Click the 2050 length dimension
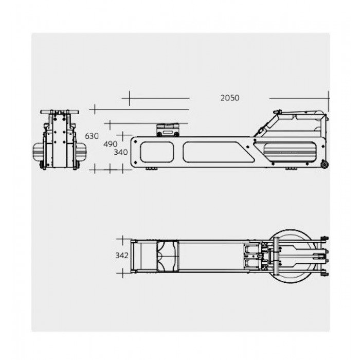coord(230,98)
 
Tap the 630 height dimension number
coord(92,136)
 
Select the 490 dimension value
coord(110,144)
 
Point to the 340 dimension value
coord(121,152)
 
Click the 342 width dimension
coord(122,255)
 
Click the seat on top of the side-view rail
coord(168,130)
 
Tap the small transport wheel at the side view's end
coord(325,165)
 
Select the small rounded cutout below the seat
coord(157,152)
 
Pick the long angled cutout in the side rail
coord(218,152)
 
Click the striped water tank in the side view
coord(290,152)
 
